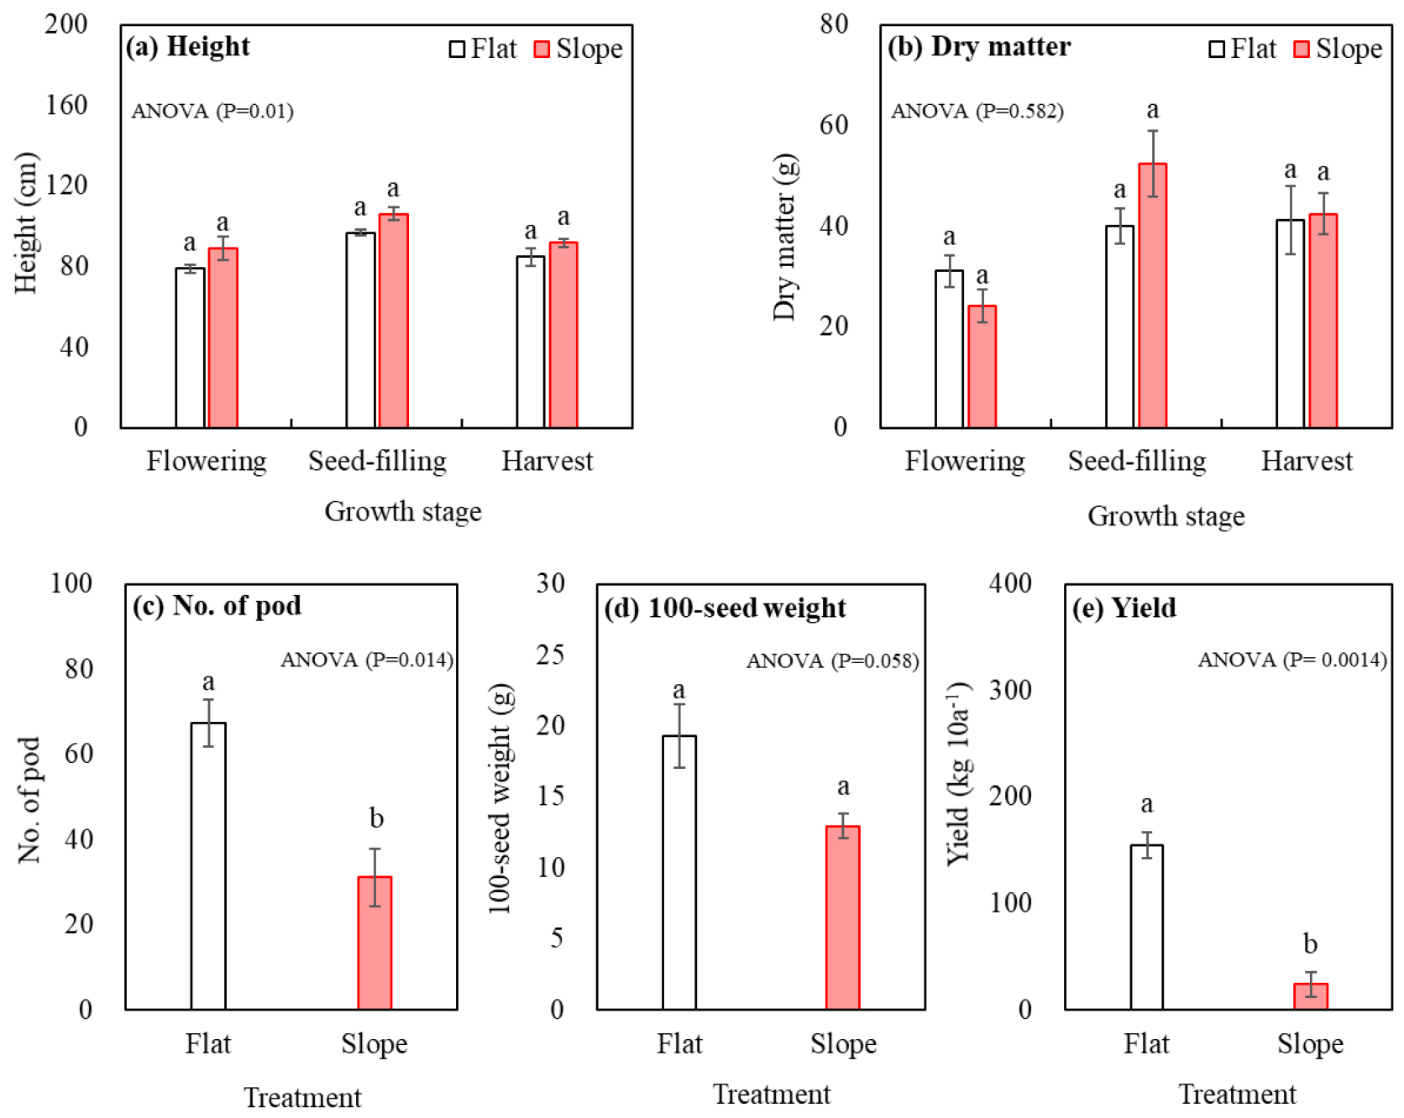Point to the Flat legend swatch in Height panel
coord(457,50)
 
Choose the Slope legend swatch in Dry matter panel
coord(1301,50)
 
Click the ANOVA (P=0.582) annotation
coord(977,111)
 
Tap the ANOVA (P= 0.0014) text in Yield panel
coord(1291,660)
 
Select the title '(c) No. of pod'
coord(217,606)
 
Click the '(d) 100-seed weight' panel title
coord(725,608)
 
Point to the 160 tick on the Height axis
coord(66,105)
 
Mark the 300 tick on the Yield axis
coord(1010,690)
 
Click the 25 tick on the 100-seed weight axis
coord(551,655)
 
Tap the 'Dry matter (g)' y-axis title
coord(784,237)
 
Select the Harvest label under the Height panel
coord(547,461)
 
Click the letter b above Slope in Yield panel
coord(1310,944)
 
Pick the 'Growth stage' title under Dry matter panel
coord(1166,516)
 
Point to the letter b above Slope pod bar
coord(376,818)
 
